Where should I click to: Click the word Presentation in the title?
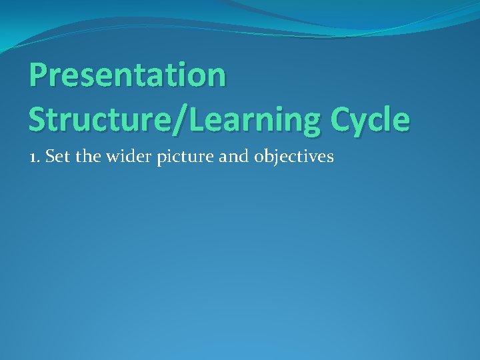(x=127, y=75)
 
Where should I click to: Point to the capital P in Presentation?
(x=39, y=75)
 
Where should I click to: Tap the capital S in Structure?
(x=38, y=119)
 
